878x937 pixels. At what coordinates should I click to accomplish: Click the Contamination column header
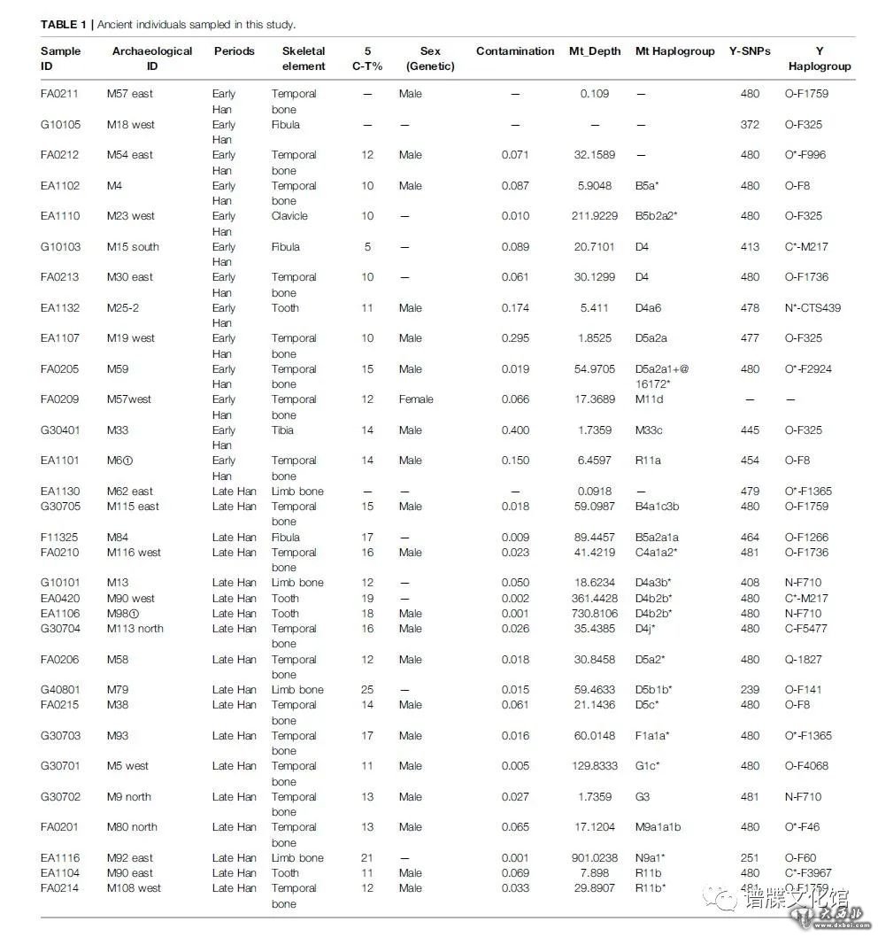click(515, 51)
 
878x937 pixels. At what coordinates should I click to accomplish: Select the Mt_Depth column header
click(595, 51)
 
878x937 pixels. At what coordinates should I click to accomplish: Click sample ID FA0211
click(59, 94)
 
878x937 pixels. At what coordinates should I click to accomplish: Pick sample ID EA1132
click(59, 308)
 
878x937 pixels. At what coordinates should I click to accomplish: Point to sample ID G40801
click(59, 690)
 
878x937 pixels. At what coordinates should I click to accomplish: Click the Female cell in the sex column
click(416, 399)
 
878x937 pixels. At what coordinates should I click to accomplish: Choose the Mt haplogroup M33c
click(651, 430)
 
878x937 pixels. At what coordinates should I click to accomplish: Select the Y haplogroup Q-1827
click(806, 660)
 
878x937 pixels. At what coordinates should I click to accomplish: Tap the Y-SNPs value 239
click(750, 690)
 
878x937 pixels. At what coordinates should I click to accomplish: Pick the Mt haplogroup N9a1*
click(653, 858)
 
